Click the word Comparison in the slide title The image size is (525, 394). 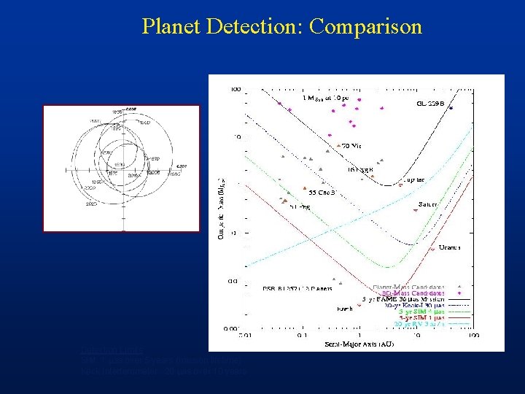365,27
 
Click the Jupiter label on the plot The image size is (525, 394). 413,177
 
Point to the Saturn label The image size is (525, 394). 428,204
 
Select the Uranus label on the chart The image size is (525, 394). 449,248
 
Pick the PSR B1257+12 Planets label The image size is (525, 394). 297,289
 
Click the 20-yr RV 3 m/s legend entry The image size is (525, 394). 419,324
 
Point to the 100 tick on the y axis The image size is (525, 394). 236,90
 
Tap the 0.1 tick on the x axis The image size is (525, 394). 300,336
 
